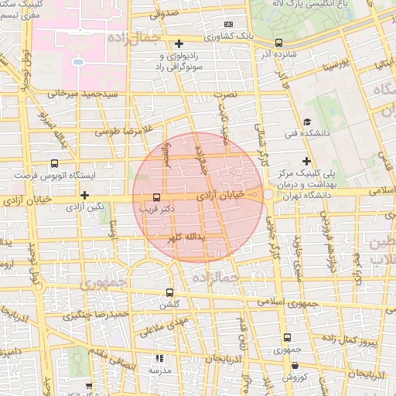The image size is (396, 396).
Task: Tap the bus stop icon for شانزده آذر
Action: point(278,43)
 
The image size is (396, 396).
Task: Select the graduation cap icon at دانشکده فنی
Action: point(307,121)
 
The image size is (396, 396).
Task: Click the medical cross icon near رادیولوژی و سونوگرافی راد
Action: point(179,43)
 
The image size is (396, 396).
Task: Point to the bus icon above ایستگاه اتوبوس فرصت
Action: point(53,163)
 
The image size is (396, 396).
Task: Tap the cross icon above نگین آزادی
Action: point(84,195)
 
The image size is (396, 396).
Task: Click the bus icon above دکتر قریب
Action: point(157,196)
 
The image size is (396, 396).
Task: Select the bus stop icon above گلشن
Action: point(170,292)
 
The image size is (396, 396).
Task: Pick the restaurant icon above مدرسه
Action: point(159,358)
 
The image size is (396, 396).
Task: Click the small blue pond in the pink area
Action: point(77,60)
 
